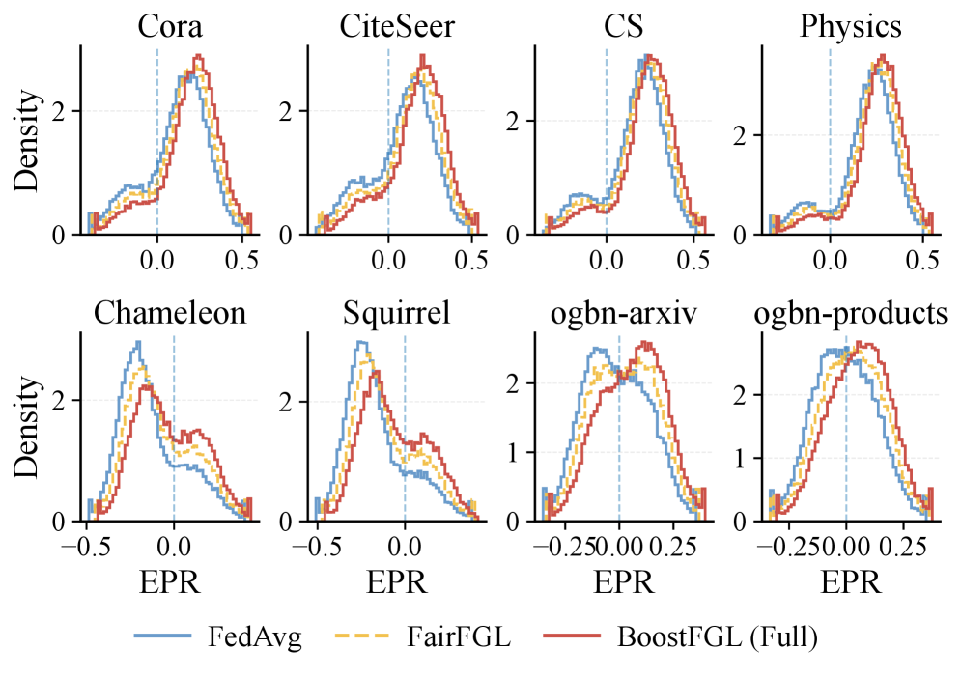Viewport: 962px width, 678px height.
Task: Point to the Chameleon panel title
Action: (x=169, y=315)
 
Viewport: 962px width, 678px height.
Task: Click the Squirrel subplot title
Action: (x=396, y=315)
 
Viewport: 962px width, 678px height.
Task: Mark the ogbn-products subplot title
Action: (x=851, y=315)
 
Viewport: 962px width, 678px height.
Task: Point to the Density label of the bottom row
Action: (x=27, y=427)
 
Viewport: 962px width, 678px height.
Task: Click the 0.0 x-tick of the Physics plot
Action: (x=830, y=260)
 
